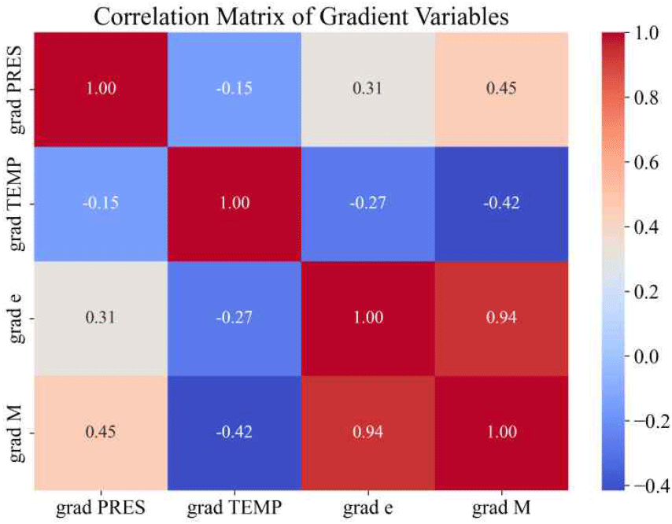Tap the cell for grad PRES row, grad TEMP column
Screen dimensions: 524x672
(x=234, y=88)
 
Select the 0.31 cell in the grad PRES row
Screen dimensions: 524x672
(x=367, y=88)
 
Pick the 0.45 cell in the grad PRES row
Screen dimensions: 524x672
(x=502, y=88)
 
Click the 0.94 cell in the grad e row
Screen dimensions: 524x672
(x=502, y=318)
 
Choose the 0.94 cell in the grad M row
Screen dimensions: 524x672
(x=367, y=434)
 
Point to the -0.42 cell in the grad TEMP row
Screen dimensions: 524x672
(x=502, y=203)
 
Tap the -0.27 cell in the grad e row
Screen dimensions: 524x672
(x=234, y=318)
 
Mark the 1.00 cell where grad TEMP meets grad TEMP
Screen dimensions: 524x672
(x=234, y=203)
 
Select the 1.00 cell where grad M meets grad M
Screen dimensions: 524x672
(x=502, y=434)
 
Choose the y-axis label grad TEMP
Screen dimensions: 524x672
(x=16, y=203)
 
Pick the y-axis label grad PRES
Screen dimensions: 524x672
(x=16, y=88)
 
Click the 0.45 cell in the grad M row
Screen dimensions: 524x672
(x=100, y=434)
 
